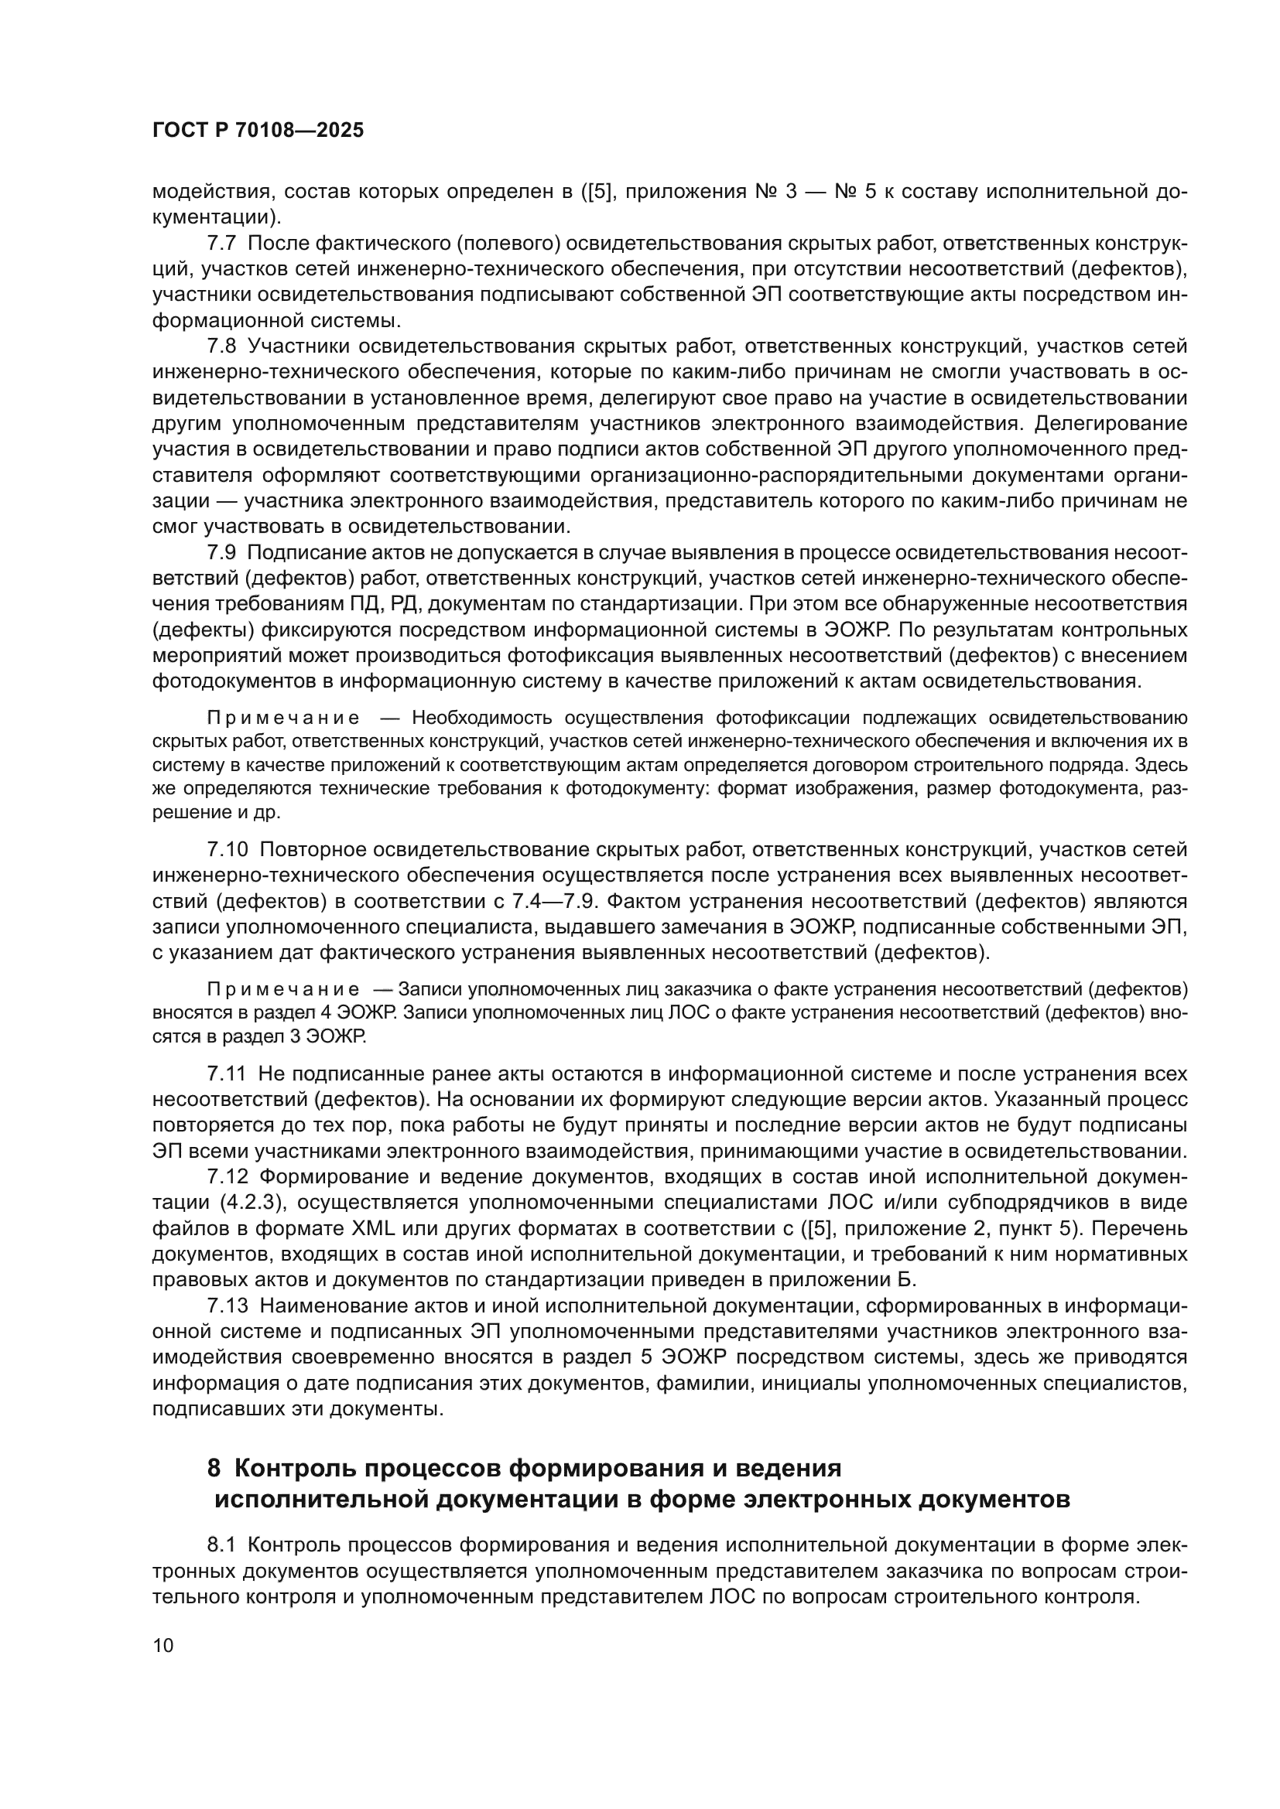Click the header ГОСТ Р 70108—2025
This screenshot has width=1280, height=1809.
[x=258, y=131]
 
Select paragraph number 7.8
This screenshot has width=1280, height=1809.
[x=221, y=346]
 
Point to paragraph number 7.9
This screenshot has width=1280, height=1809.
[x=221, y=553]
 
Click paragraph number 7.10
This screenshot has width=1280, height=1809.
[x=227, y=850]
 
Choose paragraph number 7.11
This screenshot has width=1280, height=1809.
[x=227, y=1074]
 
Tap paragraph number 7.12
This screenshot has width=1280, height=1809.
[x=227, y=1176]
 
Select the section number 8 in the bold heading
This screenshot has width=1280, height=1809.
[x=213, y=1469]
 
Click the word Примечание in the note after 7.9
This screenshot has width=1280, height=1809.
[x=283, y=718]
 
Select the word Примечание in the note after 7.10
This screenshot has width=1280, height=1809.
[x=283, y=990]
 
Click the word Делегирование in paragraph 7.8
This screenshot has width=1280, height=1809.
[x=1111, y=424]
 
